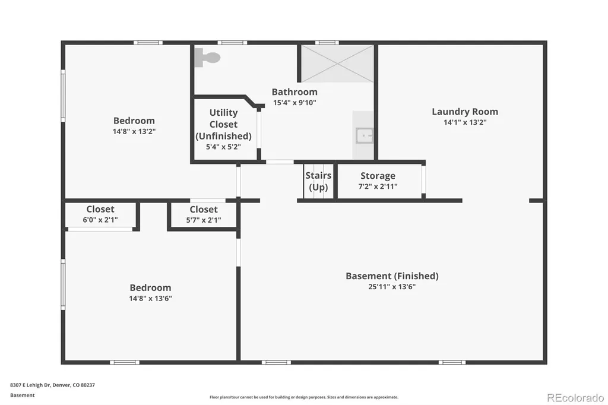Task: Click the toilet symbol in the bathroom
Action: (x=207, y=58)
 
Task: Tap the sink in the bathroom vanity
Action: (x=365, y=136)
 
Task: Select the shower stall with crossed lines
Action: (x=337, y=64)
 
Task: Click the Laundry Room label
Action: (x=465, y=112)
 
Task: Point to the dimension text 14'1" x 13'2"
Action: (x=465, y=122)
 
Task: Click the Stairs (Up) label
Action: (x=318, y=181)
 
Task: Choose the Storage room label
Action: (x=378, y=176)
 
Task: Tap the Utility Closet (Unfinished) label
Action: (x=223, y=124)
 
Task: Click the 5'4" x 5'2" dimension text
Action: (x=223, y=147)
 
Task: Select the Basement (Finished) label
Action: (x=392, y=276)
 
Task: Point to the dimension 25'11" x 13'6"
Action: (x=392, y=287)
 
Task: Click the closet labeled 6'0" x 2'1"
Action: (x=100, y=214)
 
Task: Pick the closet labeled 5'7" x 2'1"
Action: (x=204, y=214)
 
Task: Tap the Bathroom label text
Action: (x=294, y=92)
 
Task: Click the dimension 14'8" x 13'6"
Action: (x=150, y=299)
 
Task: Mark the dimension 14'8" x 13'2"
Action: (x=134, y=131)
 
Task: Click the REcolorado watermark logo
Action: (x=575, y=398)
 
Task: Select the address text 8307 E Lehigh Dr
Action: (x=30, y=385)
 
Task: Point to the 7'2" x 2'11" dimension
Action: (x=378, y=186)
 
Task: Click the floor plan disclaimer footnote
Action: (x=304, y=397)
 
